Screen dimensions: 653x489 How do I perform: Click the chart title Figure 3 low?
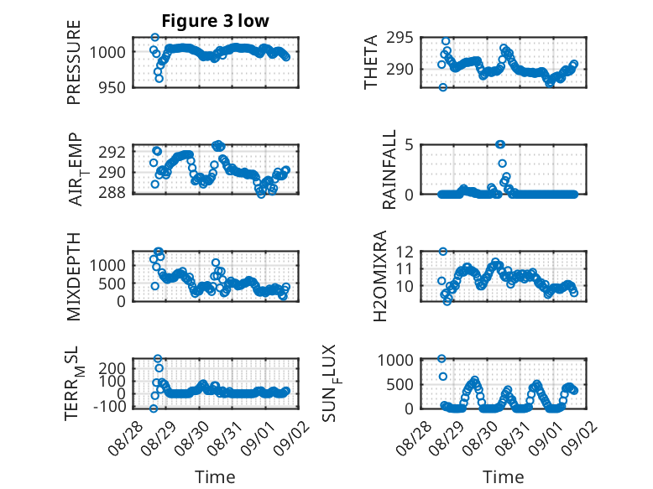(216, 21)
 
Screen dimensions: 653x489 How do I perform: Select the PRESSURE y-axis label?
(73, 62)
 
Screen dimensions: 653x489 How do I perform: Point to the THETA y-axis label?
(370, 62)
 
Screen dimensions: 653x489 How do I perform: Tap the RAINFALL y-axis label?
(389, 169)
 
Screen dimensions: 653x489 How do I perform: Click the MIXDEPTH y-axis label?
(73, 277)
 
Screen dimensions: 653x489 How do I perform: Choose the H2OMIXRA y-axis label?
(380, 276)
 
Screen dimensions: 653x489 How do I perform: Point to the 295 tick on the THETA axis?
(400, 38)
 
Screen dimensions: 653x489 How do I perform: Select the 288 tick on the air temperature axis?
(111, 193)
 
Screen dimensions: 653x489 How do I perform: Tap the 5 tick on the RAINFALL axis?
(409, 145)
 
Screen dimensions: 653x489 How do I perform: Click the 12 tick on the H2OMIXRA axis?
(405, 252)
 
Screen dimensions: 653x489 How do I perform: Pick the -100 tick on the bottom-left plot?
(109, 407)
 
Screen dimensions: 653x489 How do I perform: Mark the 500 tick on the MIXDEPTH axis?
(111, 284)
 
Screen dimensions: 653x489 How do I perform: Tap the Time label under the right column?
(503, 476)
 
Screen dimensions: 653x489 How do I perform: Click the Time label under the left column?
(215, 476)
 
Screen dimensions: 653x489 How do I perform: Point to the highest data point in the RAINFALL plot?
(500, 144)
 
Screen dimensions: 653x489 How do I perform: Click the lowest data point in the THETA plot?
(442, 87)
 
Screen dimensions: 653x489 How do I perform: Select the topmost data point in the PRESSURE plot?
(155, 38)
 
